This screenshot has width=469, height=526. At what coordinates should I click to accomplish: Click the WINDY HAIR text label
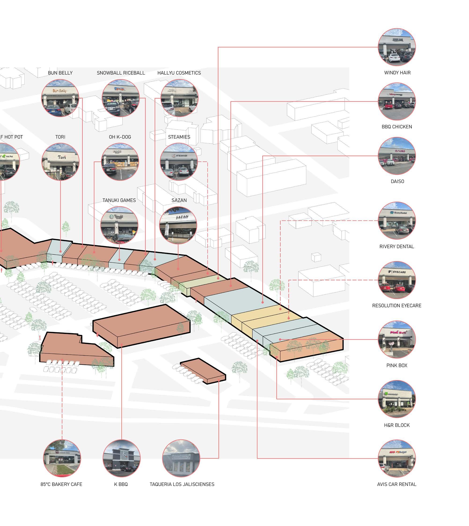(x=397, y=73)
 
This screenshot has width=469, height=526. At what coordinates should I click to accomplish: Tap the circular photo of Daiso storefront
(x=397, y=156)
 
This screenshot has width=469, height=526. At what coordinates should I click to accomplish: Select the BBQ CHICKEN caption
(x=397, y=127)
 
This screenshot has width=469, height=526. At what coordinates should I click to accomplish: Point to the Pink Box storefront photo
(x=397, y=340)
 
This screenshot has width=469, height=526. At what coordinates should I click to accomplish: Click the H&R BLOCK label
(x=397, y=425)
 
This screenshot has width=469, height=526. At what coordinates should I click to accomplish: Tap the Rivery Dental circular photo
(x=397, y=221)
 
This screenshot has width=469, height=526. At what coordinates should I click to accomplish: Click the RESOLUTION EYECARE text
(x=397, y=306)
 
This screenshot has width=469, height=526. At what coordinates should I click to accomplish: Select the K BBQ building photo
(x=121, y=458)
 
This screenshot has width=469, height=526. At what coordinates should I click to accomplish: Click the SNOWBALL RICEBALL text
(x=121, y=73)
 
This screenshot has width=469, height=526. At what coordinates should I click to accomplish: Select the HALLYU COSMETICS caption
(x=179, y=73)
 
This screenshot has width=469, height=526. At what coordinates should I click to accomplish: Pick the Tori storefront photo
(x=60, y=162)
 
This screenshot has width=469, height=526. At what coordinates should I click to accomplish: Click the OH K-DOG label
(x=120, y=137)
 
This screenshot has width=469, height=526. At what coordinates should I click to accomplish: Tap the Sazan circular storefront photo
(x=178, y=225)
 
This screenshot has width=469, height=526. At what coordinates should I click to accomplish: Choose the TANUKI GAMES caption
(x=119, y=200)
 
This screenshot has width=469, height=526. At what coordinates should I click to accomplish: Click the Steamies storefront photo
(x=179, y=162)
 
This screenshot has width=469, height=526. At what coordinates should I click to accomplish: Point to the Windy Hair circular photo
(x=397, y=47)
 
